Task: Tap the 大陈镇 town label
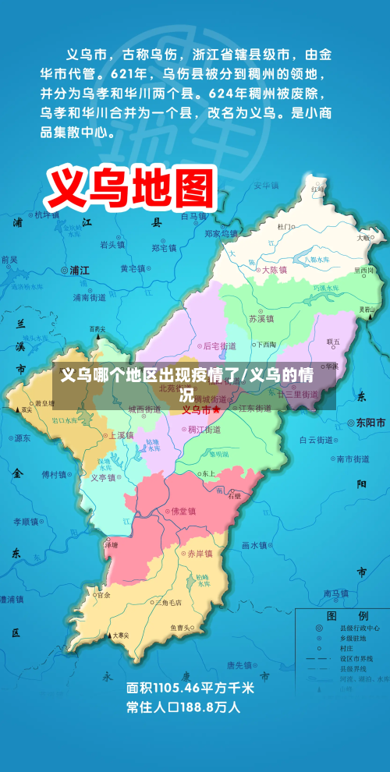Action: [x=273, y=270]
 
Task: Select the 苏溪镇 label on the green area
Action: [x=261, y=319]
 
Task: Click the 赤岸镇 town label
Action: [x=199, y=554]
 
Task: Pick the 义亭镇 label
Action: [x=103, y=479]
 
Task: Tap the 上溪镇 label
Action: [x=121, y=435]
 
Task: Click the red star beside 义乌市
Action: [x=216, y=409]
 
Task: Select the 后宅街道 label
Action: [x=218, y=345]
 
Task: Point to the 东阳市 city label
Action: [x=370, y=423]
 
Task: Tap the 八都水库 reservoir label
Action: [x=317, y=260]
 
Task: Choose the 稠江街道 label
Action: [x=204, y=430]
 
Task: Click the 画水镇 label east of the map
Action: [x=253, y=545]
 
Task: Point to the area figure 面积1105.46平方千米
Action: [x=190, y=689]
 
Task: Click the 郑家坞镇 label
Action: [x=221, y=232]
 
